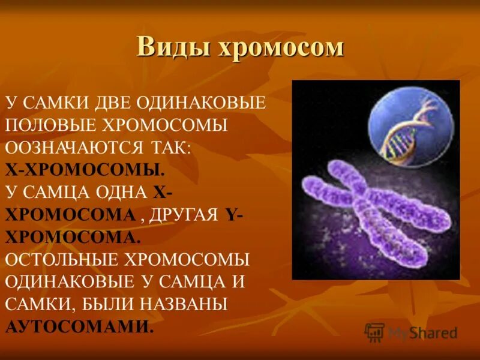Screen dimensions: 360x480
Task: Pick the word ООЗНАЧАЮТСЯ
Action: point(74,148)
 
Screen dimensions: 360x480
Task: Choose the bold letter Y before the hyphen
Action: point(231,215)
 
